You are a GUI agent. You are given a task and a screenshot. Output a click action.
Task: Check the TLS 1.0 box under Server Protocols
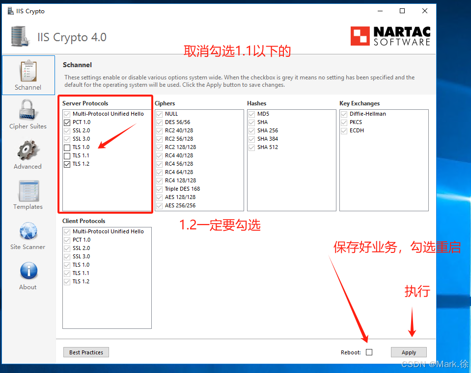(67, 147)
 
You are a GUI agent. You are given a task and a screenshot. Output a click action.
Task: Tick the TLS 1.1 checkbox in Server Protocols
(67, 155)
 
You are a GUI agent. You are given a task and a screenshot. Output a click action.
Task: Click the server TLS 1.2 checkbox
(67, 164)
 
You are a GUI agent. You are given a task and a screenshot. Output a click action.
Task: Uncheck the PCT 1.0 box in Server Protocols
(67, 123)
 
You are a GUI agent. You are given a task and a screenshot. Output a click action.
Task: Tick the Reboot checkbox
(369, 352)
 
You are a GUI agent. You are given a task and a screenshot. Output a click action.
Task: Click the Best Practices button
(86, 352)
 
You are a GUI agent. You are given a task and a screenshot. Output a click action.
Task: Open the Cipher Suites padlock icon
(28, 110)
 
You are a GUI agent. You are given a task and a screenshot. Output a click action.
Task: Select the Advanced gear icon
(28, 150)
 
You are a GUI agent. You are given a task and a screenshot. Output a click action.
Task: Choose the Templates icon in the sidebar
(29, 191)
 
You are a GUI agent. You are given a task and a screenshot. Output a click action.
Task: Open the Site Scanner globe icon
(28, 231)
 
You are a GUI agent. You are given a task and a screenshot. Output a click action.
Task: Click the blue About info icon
(29, 271)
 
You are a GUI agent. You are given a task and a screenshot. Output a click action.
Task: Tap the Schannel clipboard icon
(28, 71)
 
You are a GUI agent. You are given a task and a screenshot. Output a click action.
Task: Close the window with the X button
(425, 11)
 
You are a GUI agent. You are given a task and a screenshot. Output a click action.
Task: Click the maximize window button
(402, 11)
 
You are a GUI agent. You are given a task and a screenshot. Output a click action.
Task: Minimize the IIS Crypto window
(380, 11)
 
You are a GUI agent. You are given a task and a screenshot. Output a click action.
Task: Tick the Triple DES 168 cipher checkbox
(160, 189)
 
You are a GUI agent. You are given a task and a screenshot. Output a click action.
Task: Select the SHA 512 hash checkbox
(252, 147)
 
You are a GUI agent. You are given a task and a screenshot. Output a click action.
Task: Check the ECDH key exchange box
(344, 131)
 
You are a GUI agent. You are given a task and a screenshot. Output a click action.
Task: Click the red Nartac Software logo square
(360, 36)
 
